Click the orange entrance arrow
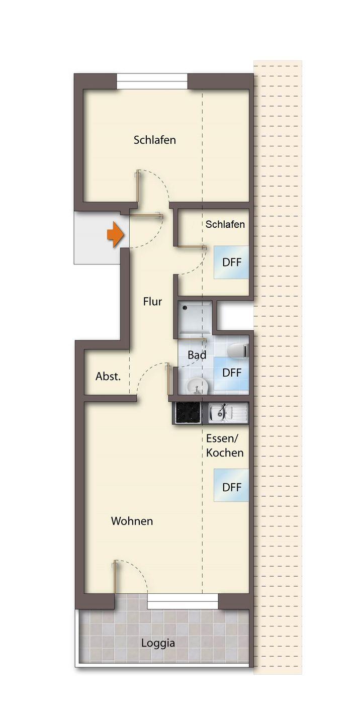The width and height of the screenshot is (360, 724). pyautogui.click(x=115, y=235)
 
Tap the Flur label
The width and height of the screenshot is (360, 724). pyautogui.click(x=152, y=302)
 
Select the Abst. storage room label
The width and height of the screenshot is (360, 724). pyautogui.click(x=108, y=376)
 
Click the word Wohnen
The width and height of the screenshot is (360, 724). pyautogui.click(x=132, y=521)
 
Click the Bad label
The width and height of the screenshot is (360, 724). pyautogui.click(x=197, y=355)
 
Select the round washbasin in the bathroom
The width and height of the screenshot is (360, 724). pyautogui.click(x=197, y=386)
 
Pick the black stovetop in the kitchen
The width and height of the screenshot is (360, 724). pyautogui.click(x=188, y=413)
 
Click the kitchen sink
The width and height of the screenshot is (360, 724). pyautogui.click(x=228, y=413)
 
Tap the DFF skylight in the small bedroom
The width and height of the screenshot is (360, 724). pyautogui.click(x=231, y=262)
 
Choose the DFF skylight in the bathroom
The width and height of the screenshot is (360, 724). pyautogui.click(x=231, y=373)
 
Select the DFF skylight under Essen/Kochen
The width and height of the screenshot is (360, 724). pyautogui.click(x=231, y=487)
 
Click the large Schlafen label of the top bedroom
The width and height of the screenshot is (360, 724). pyautogui.click(x=155, y=140)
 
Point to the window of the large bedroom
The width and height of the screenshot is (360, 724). pyautogui.click(x=152, y=81)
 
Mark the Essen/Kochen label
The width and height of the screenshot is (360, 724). pyautogui.click(x=225, y=445)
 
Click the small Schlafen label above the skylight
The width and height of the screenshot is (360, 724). pyautogui.click(x=225, y=224)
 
